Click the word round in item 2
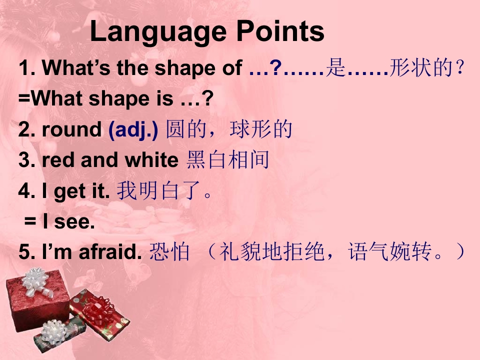click(71, 130)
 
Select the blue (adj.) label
click(133, 130)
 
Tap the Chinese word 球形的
click(261, 129)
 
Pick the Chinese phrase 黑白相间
click(228, 160)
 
